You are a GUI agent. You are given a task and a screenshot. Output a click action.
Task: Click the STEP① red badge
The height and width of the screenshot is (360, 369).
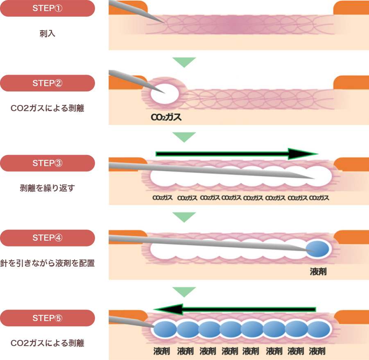pos(48,9)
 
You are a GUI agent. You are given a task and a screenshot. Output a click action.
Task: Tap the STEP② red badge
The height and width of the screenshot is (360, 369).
pos(48,83)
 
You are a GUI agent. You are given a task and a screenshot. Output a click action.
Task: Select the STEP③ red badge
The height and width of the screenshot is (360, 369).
pos(48,163)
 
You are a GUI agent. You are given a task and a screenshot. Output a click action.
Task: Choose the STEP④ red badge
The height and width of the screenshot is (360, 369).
pos(48,238)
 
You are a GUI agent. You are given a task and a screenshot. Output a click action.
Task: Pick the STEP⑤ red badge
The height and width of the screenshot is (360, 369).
pos(48,318)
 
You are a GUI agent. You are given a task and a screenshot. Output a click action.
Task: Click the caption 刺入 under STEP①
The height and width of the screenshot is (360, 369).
pos(47,34)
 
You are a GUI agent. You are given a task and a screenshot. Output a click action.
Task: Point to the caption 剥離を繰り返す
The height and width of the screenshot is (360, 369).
pos(47,188)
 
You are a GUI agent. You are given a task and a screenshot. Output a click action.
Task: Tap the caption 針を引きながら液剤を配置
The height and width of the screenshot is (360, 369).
pos(47,263)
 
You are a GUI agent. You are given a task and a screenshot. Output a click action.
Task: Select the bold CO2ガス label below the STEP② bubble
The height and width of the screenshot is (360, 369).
pos(166,117)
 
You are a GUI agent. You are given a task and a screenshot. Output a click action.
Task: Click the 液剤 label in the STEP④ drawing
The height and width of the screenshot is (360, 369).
pos(318,272)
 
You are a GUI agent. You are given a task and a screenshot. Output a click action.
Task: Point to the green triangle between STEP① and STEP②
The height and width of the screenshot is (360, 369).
pos(184,62)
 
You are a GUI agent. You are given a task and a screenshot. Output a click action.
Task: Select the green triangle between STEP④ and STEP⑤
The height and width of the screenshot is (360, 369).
pos(184,292)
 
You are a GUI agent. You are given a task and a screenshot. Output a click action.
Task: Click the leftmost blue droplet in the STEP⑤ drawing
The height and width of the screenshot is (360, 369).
pos(165,330)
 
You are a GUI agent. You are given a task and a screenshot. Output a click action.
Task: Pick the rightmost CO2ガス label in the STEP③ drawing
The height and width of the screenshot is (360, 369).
pos(319,198)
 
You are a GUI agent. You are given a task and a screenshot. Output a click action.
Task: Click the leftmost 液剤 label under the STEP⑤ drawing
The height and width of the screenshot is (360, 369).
pos(161,351)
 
